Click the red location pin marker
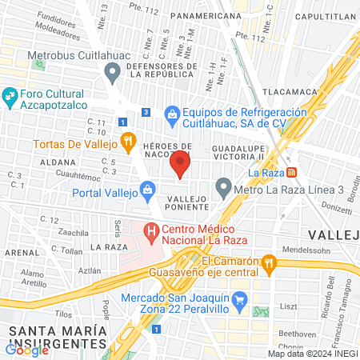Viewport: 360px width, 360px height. coord(181,163)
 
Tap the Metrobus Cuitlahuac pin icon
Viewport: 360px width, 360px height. coord(113,74)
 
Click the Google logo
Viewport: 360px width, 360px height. coord(26,350)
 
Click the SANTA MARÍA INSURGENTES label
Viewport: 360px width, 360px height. coord(54,337)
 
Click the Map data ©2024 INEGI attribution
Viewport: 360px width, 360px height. coord(312,354)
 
